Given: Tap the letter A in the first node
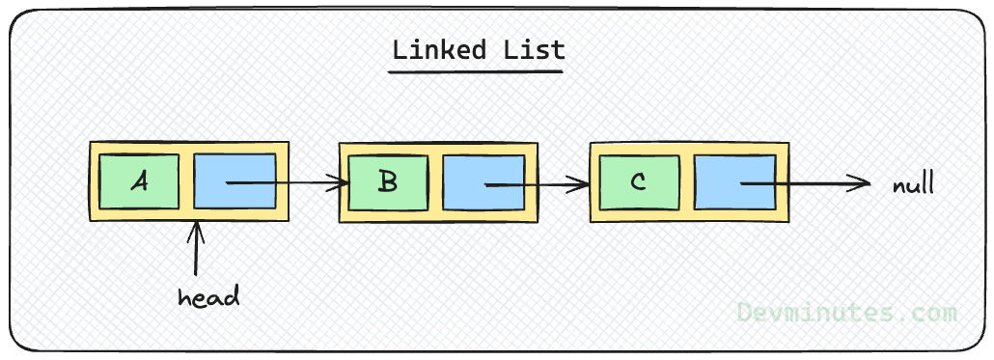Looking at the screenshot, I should click(x=139, y=180).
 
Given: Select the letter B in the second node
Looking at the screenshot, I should click(x=388, y=181).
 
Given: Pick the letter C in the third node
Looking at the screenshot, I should click(x=638, y=181).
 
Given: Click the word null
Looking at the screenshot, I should click(x=913, y=183).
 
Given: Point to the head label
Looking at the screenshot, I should click(x=208, y=296).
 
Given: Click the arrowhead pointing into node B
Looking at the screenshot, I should click(x=341, y=181).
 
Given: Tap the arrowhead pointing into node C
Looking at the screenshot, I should click(x=584, y=182).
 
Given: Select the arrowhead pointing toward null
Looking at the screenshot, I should click(x=862, y=182).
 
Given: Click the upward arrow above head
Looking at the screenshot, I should click(x=197, y=249).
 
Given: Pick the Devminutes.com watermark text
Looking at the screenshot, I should click(x=846, y=312).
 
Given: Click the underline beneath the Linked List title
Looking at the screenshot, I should click(x=478, y=69).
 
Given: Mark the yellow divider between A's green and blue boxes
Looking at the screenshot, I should click(x=186, y=180).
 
